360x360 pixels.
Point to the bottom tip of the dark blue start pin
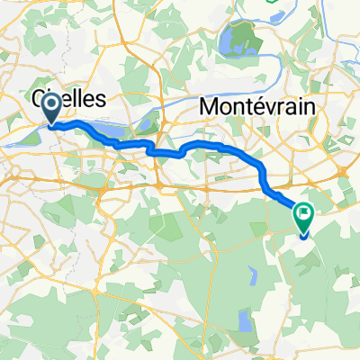click(x=51, y=126)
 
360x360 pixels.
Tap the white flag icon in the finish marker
click(x=303, y=215)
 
